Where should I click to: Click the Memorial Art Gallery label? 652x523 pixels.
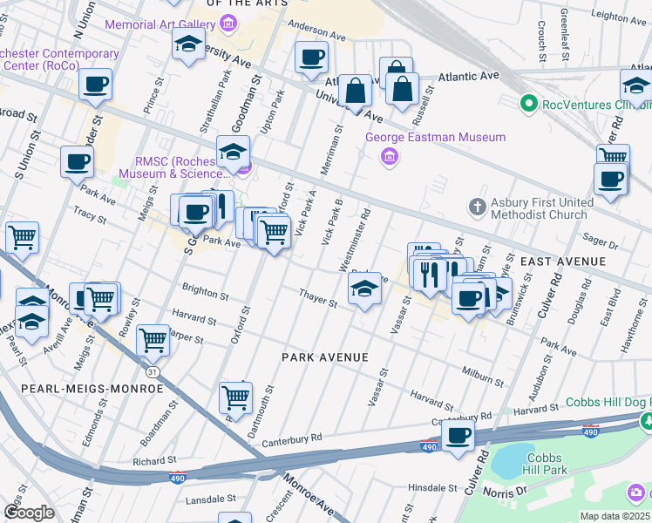[x=161, y=24]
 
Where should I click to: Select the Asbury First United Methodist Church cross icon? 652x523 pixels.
[x=477, y=207]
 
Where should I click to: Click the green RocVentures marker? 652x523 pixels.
[x=527, y=105]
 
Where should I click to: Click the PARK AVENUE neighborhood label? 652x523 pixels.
[x=325, y=357]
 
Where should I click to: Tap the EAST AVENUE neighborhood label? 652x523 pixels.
[x=562, y=261]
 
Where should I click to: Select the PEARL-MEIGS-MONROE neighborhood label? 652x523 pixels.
[x=81, y=388]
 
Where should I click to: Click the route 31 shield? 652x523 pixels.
[x=153, y=371]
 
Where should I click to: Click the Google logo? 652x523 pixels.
[x=30, y=512]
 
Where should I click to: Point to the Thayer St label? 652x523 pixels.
[x=318, y=298]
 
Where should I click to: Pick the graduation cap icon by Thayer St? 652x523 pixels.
[x=364, y=291]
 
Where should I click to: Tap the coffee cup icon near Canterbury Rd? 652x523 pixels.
[x=458, y=435]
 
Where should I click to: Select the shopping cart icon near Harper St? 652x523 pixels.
[x=153, y=340]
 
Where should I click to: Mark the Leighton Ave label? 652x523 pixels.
[x=620, y=16]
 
